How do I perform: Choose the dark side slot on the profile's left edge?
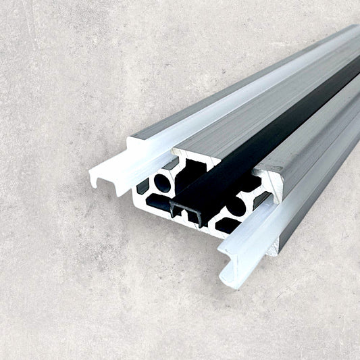click(143, 186)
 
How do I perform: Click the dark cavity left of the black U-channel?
click(157, 201)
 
